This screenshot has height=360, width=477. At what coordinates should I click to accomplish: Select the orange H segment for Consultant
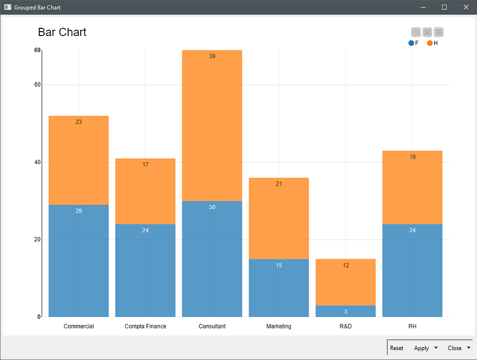click(x=212, y=125)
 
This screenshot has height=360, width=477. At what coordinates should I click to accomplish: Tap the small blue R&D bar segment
click(x=346, y=311)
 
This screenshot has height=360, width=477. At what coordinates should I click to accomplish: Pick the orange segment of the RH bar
click(x=412, y=187)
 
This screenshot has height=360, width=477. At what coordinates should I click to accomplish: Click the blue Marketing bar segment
click(x=279, y=288)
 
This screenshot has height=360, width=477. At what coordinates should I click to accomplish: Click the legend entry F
click(x=414, y=43)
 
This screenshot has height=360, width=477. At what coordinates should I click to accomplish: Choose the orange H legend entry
click(x=432, y=43)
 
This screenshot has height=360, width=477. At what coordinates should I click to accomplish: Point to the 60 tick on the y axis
click(x=37, y=85)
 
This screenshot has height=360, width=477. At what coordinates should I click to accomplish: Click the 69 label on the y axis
click(x=37, y=50)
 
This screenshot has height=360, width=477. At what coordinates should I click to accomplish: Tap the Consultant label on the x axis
click(x=212, y=326)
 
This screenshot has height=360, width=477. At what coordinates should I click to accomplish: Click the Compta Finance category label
click(x=145, y=326)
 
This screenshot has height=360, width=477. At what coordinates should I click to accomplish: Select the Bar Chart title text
click(x=62, y=32)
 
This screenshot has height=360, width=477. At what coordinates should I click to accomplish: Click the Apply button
click(x=421, y=348)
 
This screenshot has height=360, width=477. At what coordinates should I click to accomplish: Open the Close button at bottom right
click(x=454, y=348)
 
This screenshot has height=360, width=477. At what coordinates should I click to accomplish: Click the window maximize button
click(x=444, y=7)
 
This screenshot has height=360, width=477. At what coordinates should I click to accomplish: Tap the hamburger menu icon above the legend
click(x=439, y=32)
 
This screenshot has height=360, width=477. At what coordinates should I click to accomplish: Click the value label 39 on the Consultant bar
click(x=212, y=56)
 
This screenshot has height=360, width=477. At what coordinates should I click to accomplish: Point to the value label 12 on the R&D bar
click(x=346, y=265)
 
